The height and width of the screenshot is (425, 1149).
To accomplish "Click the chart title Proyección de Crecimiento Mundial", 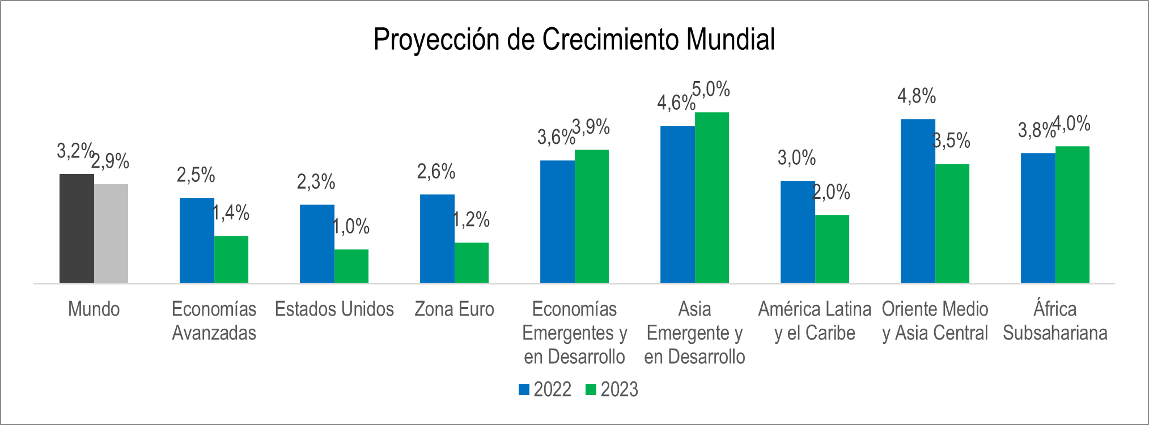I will [574, 40].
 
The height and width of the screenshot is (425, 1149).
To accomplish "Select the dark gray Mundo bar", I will [77, 228].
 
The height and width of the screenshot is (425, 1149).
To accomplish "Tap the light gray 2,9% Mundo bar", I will [111, 233].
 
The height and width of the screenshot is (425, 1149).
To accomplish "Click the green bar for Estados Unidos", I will [351, 266].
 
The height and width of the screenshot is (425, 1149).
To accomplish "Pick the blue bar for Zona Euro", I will [437, 239].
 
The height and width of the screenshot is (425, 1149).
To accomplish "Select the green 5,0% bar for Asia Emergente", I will [712, 198].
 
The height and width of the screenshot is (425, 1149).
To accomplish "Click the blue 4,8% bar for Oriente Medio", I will [918, 201].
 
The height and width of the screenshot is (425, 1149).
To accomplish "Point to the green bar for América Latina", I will [832, 249].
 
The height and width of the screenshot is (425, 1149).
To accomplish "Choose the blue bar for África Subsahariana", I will [1038, 218].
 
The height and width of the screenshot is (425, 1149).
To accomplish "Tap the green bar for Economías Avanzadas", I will [231, 260].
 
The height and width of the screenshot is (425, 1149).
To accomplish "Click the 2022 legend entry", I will [545, 390].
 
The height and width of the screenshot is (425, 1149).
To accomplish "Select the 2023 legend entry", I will [612, 390].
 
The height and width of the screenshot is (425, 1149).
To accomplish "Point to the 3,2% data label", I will [74, 151].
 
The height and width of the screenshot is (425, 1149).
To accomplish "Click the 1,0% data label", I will [351, 227].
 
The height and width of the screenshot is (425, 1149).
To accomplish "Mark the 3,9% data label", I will [591, 127].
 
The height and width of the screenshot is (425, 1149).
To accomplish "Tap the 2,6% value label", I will [436, 171].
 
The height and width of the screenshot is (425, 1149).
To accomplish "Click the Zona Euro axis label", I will [454, 309].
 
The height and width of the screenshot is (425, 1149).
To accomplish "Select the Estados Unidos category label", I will [334, 309].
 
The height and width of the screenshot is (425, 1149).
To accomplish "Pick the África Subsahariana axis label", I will [1055, 321].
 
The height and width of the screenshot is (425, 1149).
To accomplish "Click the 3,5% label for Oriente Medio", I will [952, 141].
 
